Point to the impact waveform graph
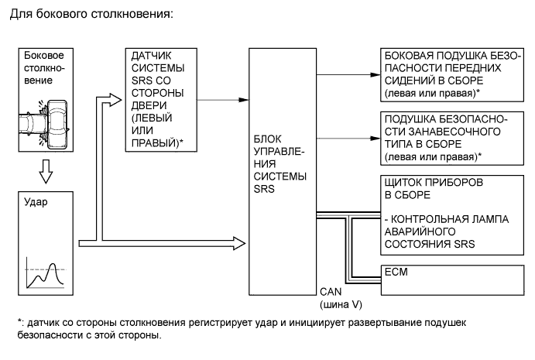pyautogui.click(x=43, y=273)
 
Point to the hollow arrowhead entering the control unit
pyautogui.click(x=238, y=242)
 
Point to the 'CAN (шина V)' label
pyautogui.click(x=336, y=297)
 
